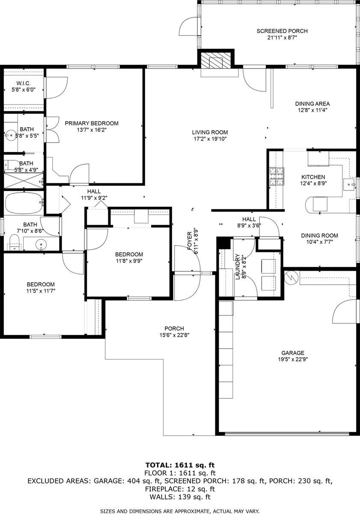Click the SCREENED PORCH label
(282, 31)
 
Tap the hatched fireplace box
(215, 60)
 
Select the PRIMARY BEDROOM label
(92, 123)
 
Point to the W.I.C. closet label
(24, 83)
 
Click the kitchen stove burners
(277, 176)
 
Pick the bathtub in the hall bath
(24, 203)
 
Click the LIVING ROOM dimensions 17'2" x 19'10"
(210, 139)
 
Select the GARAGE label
(293, 353)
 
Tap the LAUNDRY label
(238, 266)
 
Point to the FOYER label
(190, 241)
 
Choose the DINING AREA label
(312, 104)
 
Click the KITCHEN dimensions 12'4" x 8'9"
(313, 183)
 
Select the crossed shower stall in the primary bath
(24, 181)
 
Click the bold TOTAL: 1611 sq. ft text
(180, 465)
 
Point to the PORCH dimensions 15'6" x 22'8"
(174, 335)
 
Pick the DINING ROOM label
(319, 236)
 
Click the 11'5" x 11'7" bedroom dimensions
(41, 291)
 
